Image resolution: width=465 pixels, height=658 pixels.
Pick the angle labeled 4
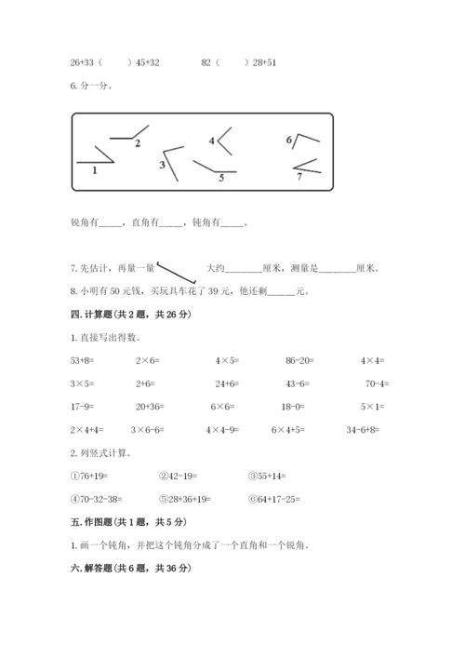(x=222, y=140)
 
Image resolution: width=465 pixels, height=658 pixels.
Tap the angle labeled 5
(x=215, y=168)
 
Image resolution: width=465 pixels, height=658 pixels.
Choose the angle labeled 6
(x=302, y=141)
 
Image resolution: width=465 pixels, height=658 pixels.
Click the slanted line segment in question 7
(x=177, y=271)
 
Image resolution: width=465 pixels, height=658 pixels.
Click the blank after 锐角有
(x=110, y=222)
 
